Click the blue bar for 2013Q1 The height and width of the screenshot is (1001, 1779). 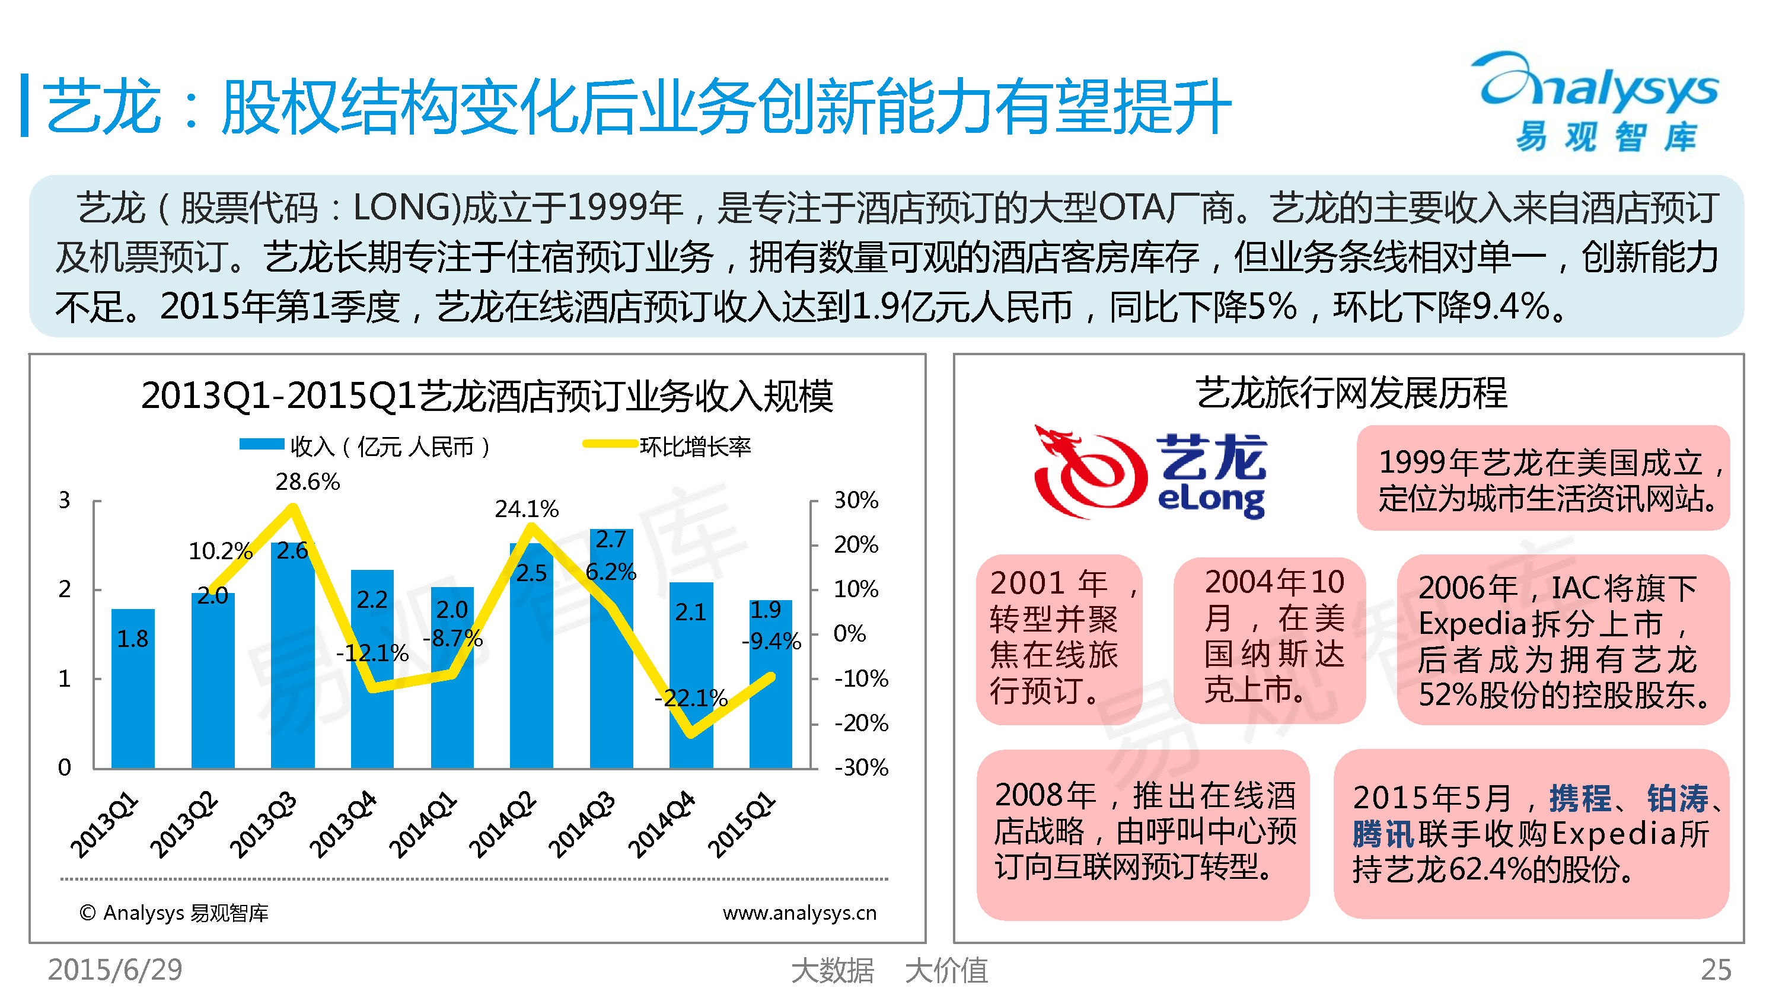tap(133, 688)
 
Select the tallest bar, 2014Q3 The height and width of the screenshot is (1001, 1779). tap(611, 648)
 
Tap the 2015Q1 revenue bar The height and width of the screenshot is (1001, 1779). tap(771, 684)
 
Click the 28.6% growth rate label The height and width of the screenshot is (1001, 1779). tap(307, 482)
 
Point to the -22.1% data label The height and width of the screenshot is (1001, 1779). tap(691, 698)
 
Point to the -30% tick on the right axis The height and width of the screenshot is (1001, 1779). tap(861, 767)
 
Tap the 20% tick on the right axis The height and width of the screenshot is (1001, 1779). tap(856, 544)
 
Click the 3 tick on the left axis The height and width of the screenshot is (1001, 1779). tap(64, 499)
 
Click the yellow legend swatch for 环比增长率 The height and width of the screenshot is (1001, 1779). tap(610, 444)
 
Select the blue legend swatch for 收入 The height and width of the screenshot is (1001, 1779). tap(262, 444)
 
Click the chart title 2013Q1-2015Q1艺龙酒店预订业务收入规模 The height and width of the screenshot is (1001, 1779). tap(487, 396)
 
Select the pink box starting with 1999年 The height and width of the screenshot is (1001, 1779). tap(1544, 478)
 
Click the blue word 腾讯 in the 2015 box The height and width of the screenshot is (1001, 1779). tap(1383, 834)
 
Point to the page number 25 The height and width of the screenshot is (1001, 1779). tap(1716, 970)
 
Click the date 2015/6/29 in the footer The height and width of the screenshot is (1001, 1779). tap(114, 970)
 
